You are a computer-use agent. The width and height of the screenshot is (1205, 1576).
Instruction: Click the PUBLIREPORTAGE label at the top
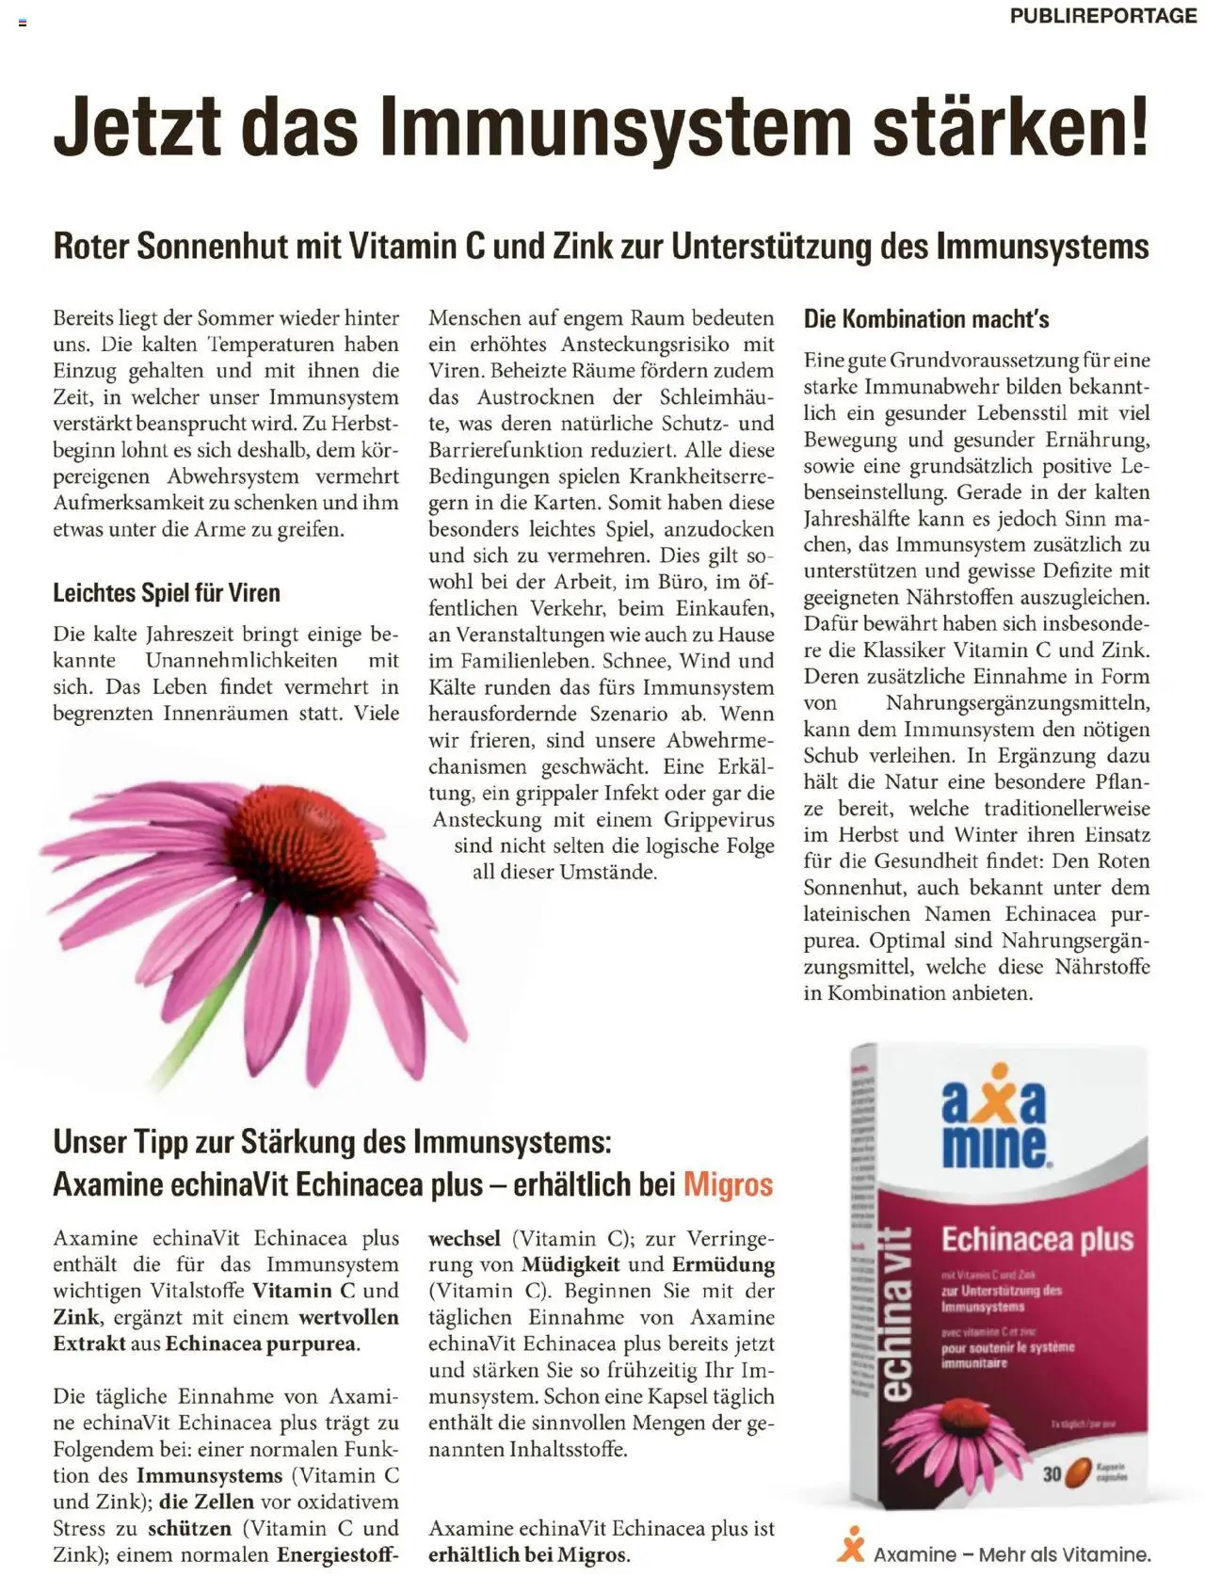[x=1102, y=16]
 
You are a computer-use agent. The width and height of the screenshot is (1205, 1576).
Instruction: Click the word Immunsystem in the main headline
[x=616, y=125]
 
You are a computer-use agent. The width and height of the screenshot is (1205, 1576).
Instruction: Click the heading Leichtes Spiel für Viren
[x=167, y=593]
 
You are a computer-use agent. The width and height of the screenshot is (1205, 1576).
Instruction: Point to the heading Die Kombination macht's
[x=926, y=319]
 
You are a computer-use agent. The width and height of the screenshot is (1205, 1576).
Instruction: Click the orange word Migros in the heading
[x=728, y=1184]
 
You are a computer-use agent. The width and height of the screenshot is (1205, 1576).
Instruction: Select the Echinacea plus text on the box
[x=1036, y=1240]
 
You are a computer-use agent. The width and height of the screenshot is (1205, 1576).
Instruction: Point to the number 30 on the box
[x=1052, y=1473]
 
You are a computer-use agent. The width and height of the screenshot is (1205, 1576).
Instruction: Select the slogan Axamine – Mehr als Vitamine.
[x=1011, y=1554]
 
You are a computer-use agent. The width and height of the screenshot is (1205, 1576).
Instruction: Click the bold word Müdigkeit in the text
[x=570, y=1265]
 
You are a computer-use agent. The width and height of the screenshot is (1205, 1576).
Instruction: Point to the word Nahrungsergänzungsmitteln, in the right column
[x=1018, y=703]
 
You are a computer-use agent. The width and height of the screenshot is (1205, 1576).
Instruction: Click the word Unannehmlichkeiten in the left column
[x=241, y=661]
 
